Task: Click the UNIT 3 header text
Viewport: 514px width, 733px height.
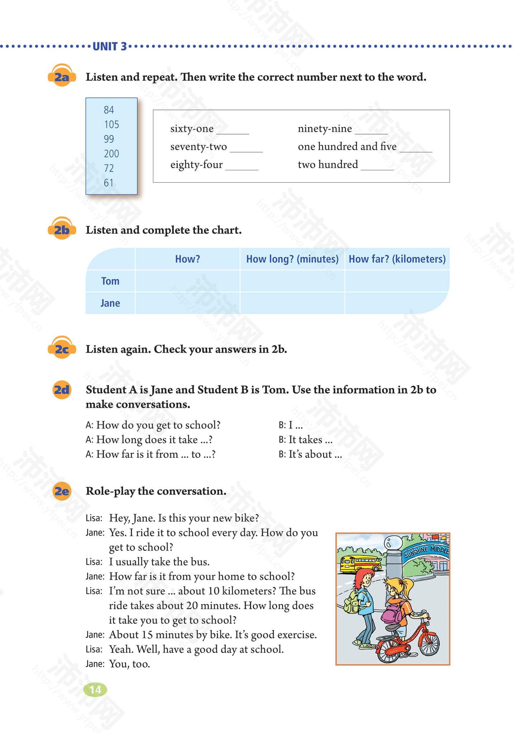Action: point(110,47)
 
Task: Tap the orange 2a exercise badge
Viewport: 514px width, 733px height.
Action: point(62,76)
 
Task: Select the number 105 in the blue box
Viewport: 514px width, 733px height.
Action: point(111,125)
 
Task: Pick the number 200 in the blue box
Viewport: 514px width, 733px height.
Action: point(111,154)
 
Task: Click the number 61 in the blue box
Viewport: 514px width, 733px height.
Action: point(109,183)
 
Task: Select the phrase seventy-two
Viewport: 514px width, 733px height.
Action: point(199,147)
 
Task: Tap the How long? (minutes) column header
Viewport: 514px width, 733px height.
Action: point(292,259)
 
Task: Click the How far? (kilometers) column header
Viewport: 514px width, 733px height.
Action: point(397,259)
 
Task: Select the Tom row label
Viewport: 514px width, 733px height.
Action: point(110,281)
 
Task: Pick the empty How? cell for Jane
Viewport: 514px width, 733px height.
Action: point(187,303)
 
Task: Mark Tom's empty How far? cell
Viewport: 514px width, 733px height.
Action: point(396,281)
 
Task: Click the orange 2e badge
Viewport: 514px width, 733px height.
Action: point(62,491)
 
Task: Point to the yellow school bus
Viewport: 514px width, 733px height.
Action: point(360,563)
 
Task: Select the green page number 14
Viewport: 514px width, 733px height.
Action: point(95,690)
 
